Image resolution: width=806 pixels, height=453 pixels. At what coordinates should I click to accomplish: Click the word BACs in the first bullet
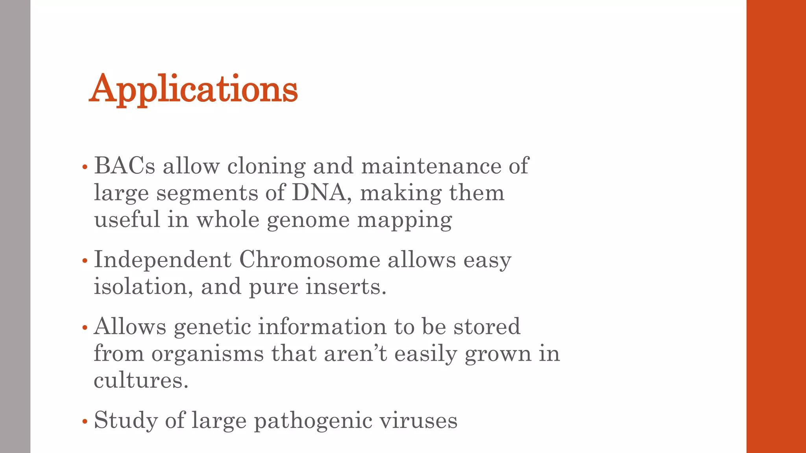[124, 166]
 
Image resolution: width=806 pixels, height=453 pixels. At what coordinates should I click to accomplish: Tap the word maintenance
[431, 166]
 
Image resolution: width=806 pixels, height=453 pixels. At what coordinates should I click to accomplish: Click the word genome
[308, 220]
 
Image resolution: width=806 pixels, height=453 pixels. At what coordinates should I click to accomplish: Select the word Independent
[163, 260]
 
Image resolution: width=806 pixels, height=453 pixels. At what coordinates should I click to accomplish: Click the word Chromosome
[309, 260]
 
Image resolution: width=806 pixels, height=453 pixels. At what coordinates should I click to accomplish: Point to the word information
[322, 326]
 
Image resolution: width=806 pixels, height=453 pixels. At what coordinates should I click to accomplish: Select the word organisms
[207, 354]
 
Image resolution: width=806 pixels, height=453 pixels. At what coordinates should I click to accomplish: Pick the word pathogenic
[313, 420]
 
